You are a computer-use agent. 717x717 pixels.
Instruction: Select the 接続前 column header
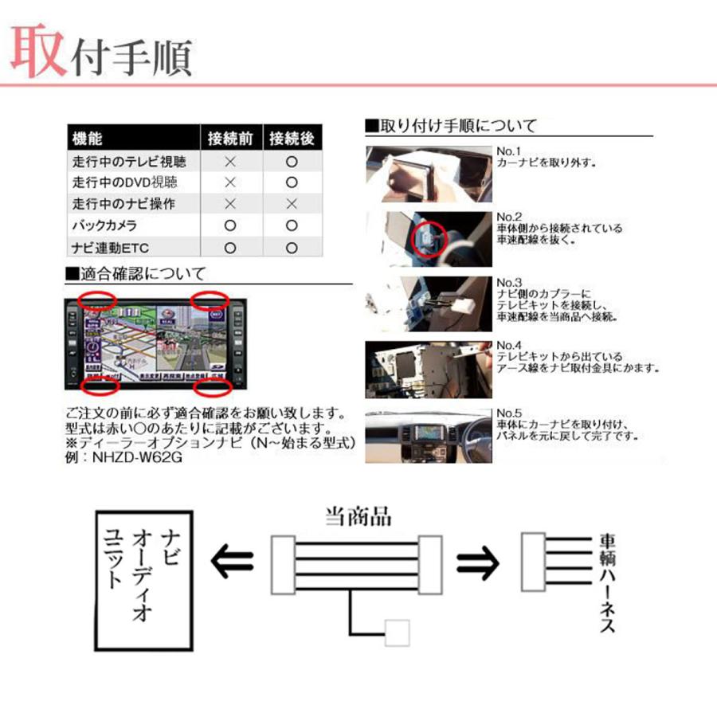point(230,139)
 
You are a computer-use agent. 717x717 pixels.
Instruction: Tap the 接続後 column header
point(292,139)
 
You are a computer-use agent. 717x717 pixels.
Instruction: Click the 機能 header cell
point(87,139)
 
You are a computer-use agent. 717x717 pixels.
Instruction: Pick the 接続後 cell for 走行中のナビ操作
point(292,204)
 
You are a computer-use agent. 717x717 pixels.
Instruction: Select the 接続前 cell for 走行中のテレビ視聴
point(230,161)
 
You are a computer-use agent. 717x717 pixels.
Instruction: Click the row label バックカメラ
point(104,226)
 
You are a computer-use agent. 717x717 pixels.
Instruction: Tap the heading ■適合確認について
point(136,275)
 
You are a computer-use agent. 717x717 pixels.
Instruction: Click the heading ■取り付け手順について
point(450,126)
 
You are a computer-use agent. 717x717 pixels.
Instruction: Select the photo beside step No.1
point(427,174)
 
